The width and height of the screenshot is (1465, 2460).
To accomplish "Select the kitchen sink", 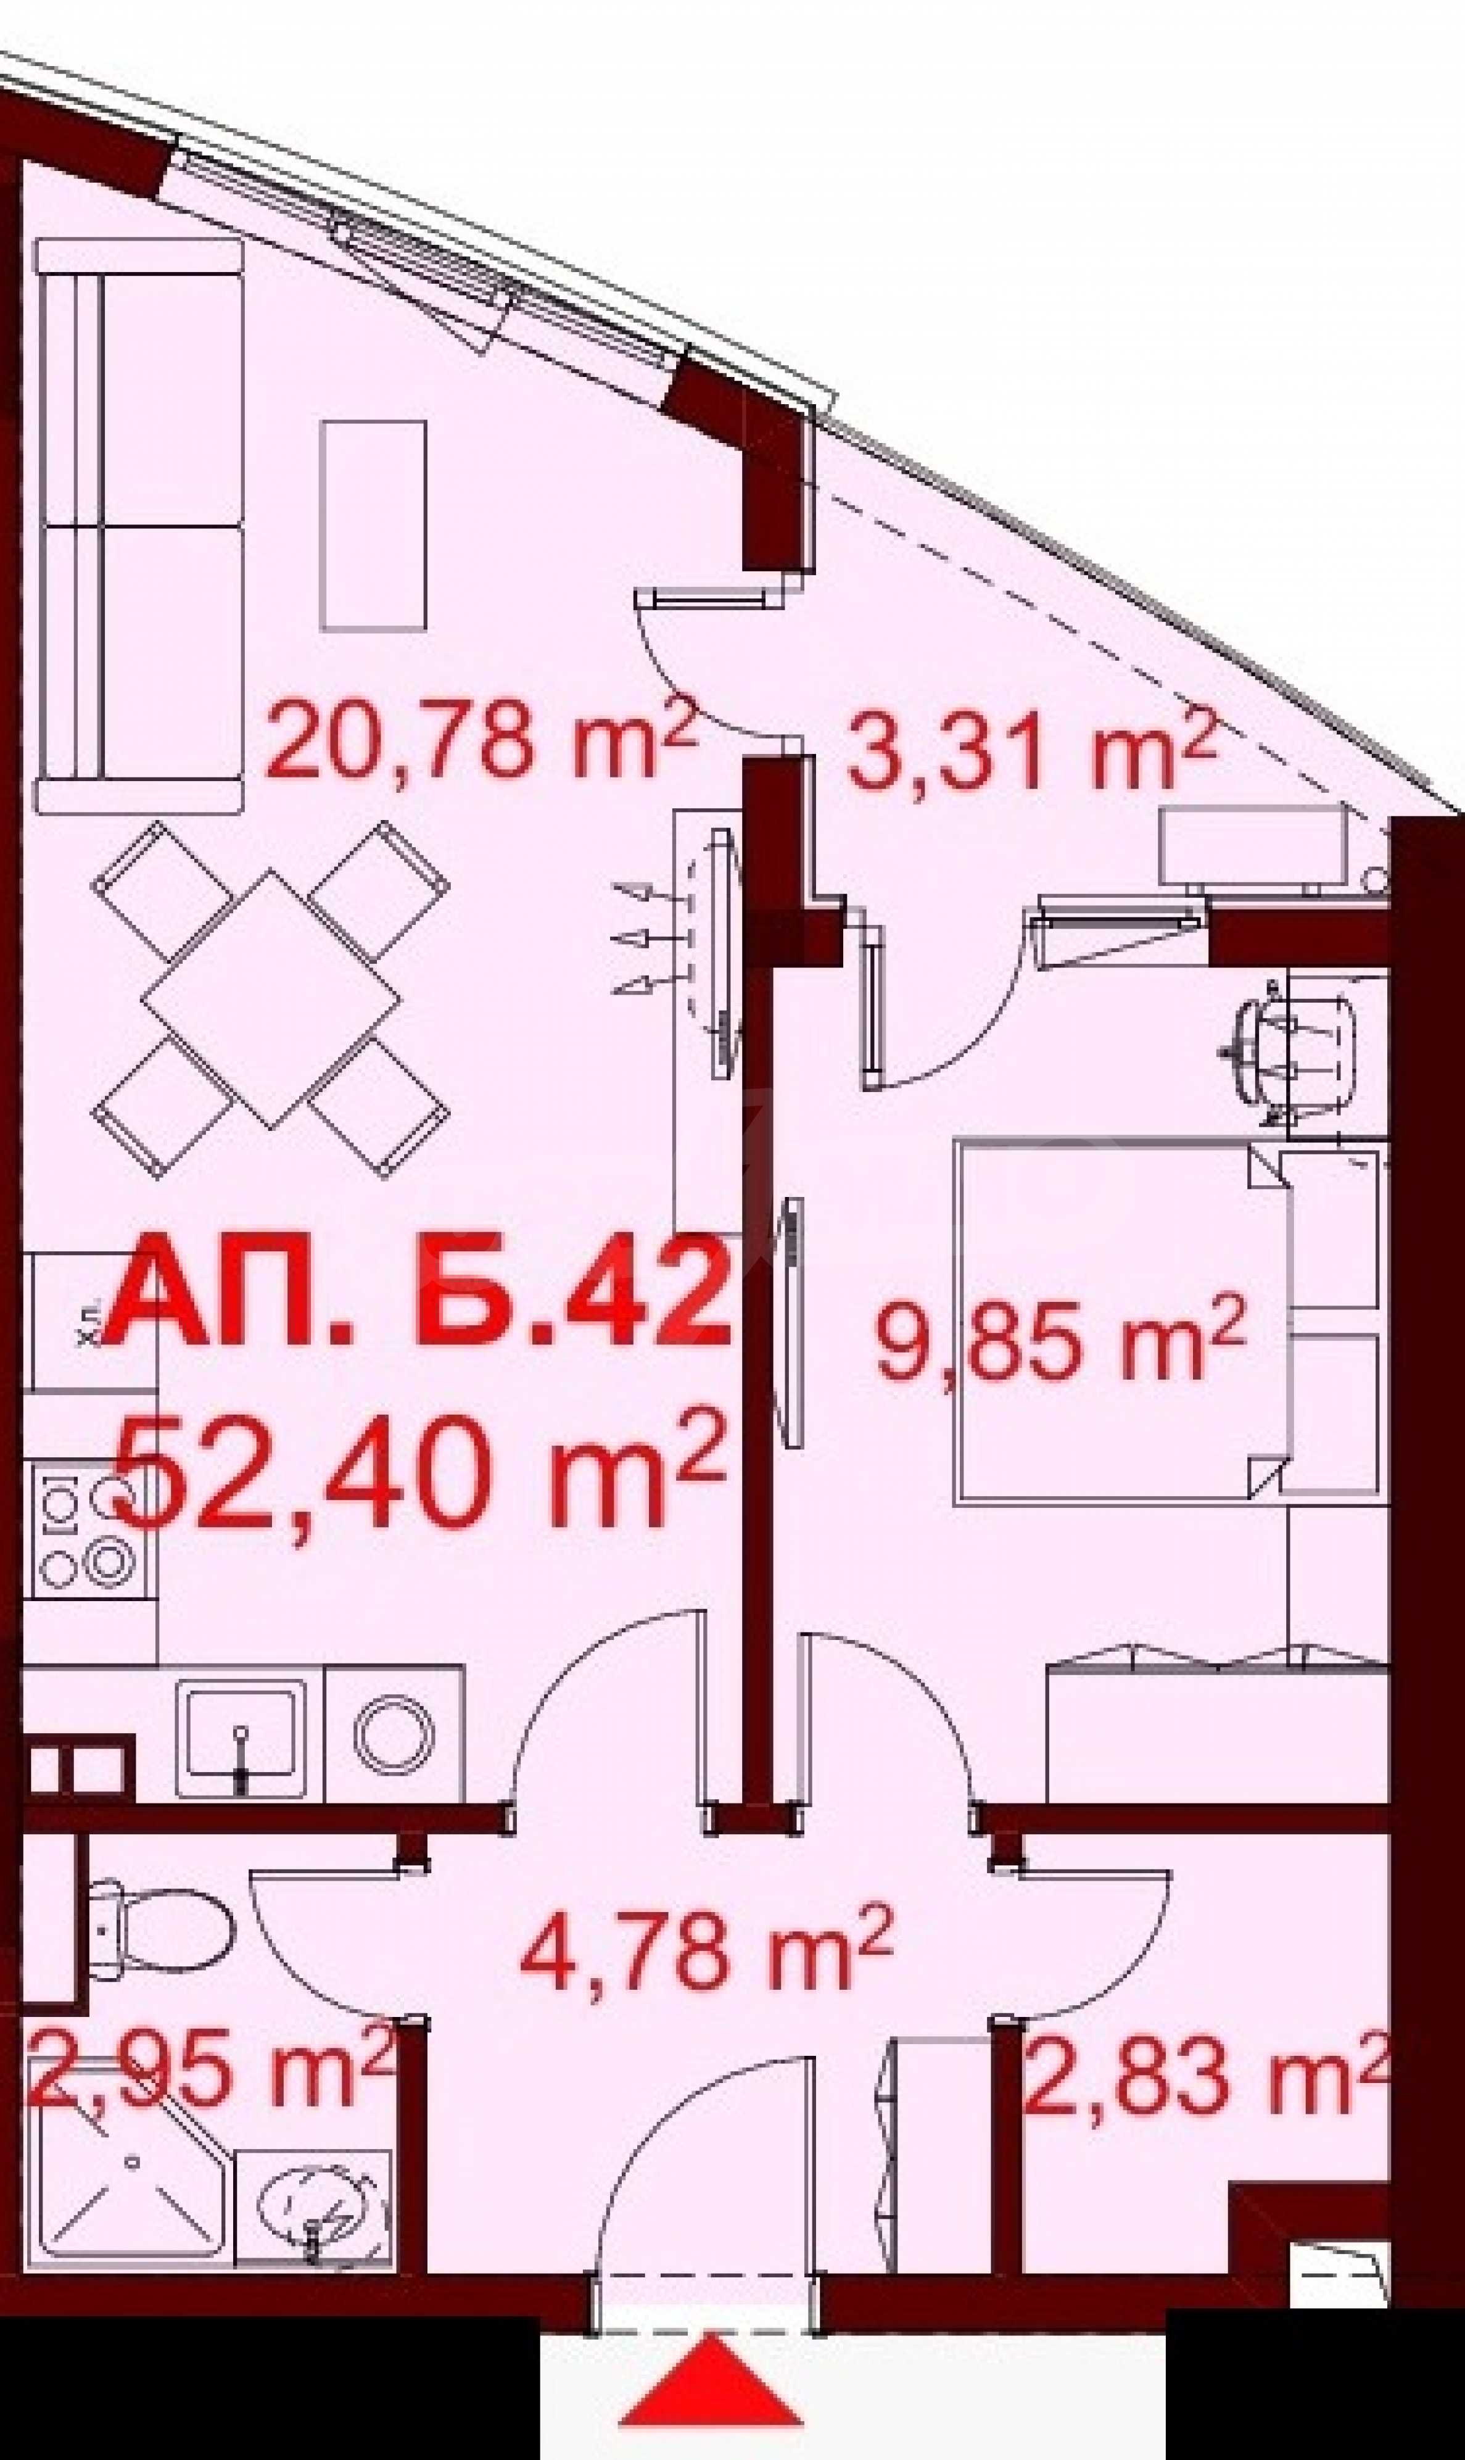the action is (240, 1736).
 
